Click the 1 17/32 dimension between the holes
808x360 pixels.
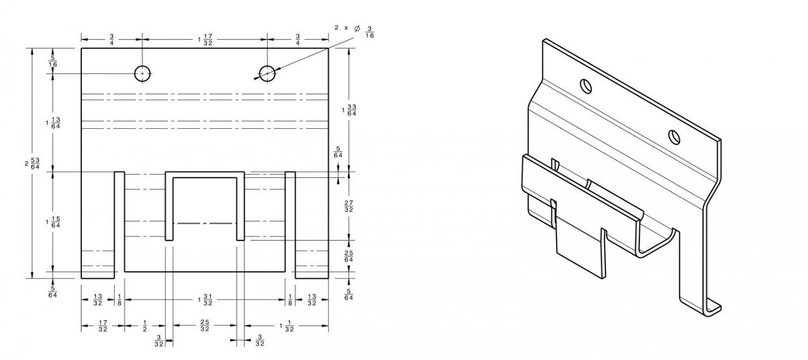205,39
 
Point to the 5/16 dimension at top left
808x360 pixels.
53,61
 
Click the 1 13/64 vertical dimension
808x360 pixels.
53,123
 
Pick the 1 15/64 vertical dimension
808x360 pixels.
53,221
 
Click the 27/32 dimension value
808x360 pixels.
349,206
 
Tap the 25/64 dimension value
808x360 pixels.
349,257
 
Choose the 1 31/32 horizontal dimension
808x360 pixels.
205,300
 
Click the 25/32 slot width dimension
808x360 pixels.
205,326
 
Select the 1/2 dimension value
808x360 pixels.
144,326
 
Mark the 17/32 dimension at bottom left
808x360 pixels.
102,326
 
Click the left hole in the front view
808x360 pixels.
142,73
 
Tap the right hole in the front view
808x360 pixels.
267,73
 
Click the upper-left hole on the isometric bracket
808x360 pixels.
585,85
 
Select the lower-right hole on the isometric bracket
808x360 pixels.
674,137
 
